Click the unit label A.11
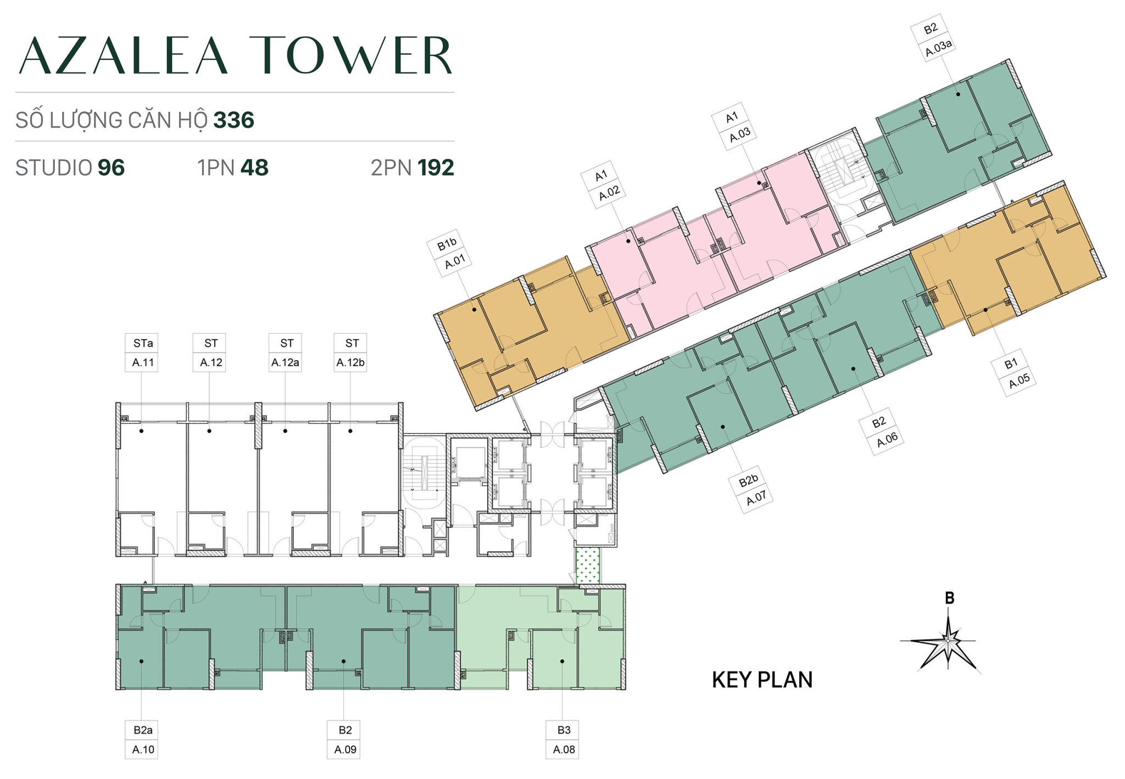pos(143,362)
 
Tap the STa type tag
pos(143,343)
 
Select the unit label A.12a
pos(285,362)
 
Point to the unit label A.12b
pos(350,362)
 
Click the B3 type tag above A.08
pos(564,730)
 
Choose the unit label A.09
pos(345,749)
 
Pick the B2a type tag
pos(143,730)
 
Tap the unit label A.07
pos(756,498)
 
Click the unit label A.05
pos(1019,380)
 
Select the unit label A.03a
pos(939,48)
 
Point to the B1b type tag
pos(447,244)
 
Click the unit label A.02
pos(609,193)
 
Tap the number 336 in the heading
pos(233,120)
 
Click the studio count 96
pos(111,168)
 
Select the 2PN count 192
pos(436,168)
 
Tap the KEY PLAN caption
pos(762,680)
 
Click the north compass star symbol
pos(949,641)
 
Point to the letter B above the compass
pos(949,598)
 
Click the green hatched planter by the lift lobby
pos(587,565)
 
